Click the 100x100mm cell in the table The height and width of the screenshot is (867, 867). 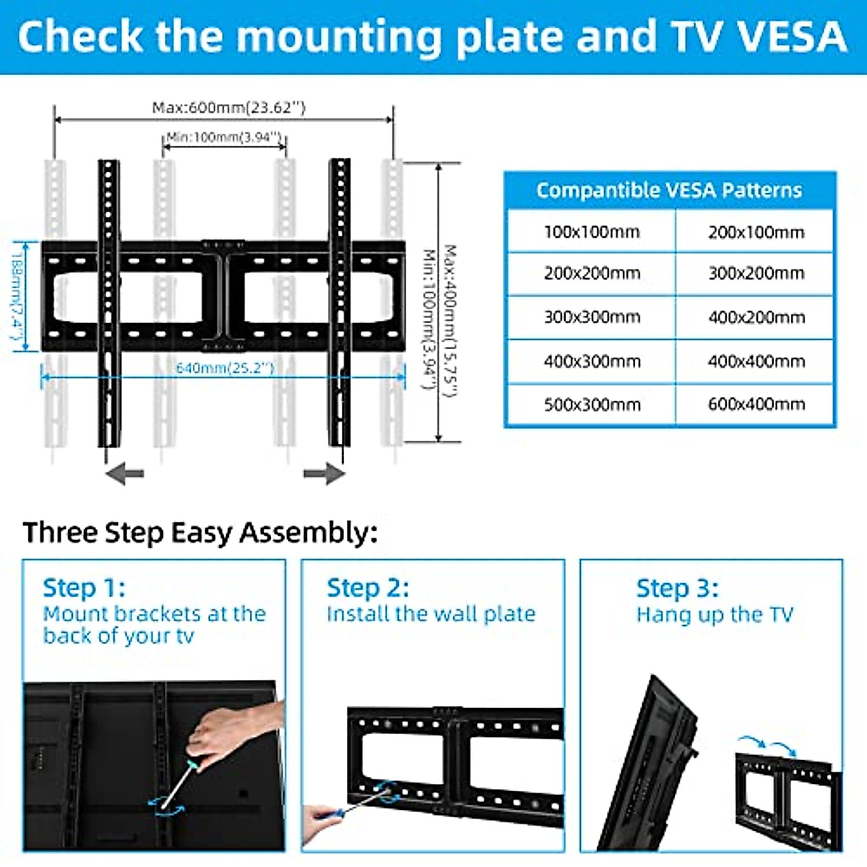pos(591,232)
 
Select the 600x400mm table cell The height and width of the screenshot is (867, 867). pos(756,404)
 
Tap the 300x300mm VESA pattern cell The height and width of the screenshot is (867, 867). pos(591,317)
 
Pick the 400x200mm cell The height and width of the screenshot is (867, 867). pos(756,317)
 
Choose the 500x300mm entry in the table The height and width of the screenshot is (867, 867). pos(591,404)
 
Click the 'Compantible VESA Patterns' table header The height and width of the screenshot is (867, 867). pos(669,190)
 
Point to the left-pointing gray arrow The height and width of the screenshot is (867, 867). pos(124,474)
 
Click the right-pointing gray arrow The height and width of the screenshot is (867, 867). pos(324,474)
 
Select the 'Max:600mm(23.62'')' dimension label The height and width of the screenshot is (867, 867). pos(228,108)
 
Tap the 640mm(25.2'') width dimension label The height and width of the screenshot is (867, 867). pos(225,368)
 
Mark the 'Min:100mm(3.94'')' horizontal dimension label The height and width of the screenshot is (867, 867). pos(224,137)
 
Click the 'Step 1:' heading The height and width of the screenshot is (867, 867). pos(84,587)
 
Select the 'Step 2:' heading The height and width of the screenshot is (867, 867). pos(368,587)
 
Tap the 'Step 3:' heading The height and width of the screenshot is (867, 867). pos(677,588)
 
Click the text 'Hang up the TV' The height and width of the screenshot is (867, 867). pos(714,615)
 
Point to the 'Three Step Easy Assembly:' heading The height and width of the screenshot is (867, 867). pos(200,532)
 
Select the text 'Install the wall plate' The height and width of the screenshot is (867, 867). pos(431,614)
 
